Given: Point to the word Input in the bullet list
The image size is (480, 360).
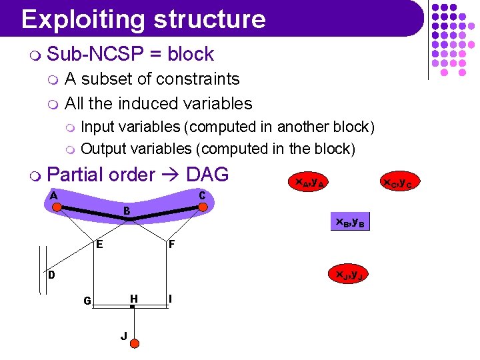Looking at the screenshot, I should tap(99, 127).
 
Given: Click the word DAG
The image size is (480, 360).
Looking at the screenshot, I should tap(207, 175).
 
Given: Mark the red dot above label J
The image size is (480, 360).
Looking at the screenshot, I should tap(133, 343).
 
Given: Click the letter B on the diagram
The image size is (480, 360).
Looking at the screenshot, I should tap(126, 211).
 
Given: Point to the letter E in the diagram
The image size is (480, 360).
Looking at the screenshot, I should tap(99, 244).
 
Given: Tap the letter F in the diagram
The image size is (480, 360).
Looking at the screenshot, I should tap(172, 245).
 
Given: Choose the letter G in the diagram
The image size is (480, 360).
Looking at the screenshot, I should tap(87, 301).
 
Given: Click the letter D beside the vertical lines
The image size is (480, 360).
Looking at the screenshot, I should tap(51, 275).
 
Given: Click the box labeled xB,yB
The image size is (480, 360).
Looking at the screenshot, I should tap(349, 222).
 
